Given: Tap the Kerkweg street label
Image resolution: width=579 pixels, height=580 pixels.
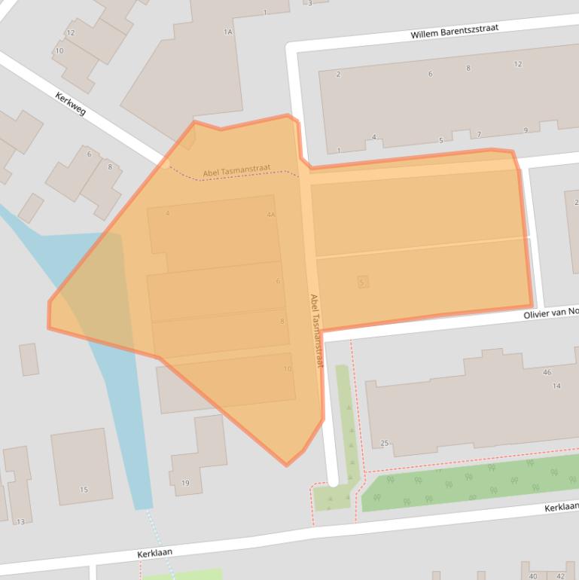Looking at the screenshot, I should (71, 103).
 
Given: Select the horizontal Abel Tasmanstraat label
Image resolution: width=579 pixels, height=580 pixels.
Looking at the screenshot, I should (236, 172).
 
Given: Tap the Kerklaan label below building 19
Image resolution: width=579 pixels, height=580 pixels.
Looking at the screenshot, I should (154, 553).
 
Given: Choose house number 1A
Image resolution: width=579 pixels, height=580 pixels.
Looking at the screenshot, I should (228, 32).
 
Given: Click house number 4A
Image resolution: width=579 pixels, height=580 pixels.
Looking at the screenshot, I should (271, 215).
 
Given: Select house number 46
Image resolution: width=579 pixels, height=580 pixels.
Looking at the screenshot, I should (547, 372).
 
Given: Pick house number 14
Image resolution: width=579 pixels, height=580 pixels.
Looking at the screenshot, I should (556, 386).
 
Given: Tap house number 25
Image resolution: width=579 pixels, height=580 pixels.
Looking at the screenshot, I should (384, 443).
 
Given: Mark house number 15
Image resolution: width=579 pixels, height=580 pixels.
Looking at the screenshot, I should (84, 490).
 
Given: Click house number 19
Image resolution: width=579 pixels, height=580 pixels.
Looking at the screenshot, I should (185, 483).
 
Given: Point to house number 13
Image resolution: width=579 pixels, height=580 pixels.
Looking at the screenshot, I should (20, 521).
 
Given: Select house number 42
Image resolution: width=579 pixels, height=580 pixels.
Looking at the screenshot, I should (559, 576).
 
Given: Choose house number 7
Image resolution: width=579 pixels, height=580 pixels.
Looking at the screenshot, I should (478, 135).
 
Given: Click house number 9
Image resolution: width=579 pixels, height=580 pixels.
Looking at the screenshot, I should (526, 130).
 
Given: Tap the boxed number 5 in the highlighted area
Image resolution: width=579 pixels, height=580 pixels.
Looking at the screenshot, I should (363, 282).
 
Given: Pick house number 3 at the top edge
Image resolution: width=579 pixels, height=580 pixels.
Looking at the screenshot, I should (309, 3).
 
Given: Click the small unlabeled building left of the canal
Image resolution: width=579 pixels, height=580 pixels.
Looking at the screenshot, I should (29, 359).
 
